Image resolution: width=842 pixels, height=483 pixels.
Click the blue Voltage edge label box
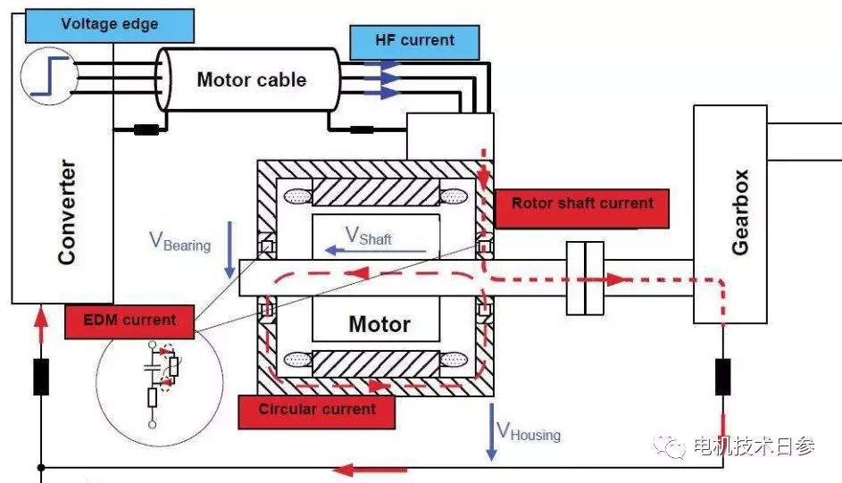coord(110,25)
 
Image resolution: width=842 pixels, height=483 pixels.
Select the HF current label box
coord(414,42)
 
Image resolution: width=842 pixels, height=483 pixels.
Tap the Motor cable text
coord(251,79)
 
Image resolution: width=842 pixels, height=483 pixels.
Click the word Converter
coord(67,212)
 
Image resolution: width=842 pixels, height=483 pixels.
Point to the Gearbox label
coord(740,212)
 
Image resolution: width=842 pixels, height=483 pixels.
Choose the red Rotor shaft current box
coord(581,209)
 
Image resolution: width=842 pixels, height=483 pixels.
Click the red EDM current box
coord(129,322)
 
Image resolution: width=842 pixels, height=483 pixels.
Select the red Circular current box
coord(317,412)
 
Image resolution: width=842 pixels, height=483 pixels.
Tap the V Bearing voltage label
coord(179,241)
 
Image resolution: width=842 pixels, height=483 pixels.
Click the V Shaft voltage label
coord(369,236)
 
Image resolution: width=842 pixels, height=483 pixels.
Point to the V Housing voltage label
coord(529,431)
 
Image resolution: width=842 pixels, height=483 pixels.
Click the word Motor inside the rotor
coord(379,324)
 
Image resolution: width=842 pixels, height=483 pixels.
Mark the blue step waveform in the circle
coord(50,76)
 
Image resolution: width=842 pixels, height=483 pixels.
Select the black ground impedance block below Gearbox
coord(722,377)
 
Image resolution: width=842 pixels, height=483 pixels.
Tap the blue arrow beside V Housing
coord(491,432)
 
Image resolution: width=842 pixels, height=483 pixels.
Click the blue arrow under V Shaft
coord(376,251)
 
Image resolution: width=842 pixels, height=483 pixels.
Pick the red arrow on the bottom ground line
coord(370,471)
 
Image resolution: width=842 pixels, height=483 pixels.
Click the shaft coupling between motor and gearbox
coord(586,278)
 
